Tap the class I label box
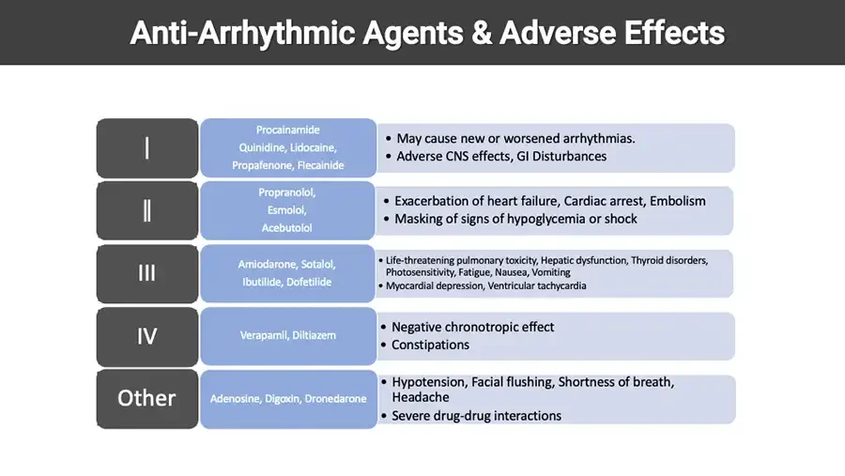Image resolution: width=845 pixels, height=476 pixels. click(x=146, y=147)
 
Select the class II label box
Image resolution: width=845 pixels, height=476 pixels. click(x=146, y=209)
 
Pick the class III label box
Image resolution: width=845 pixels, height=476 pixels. click(x=146, y=273)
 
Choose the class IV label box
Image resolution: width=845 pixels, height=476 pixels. click(x=146, y=335)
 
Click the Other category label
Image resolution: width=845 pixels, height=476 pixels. click(x=146, y=398)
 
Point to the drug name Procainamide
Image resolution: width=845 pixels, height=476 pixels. click(x=288, y=130)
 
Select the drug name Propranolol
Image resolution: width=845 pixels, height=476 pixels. click(x=288, y=192)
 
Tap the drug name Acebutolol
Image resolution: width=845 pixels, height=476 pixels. click(x=288, y=228)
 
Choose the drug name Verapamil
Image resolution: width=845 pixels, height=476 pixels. click(x=264, y=335)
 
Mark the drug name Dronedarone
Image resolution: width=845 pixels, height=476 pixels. click(x=334, y=399)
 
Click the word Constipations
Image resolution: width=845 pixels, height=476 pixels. click(x=430, y=345)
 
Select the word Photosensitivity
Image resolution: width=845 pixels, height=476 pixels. click(x=419, y=272)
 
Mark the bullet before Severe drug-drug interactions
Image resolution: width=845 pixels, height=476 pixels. click(x=384, y=416)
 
